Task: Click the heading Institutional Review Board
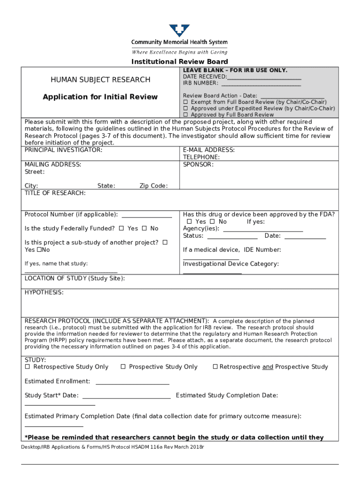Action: pyautogui.click(x=180, y=62)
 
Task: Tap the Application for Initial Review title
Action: pyautogui.click(x=100, y=97)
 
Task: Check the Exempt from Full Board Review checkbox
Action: pyautogui.click(x=186, y=102)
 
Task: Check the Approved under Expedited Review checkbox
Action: pyautogui.click(x=186, y=108)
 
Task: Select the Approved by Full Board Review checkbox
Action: pyautogui.click(x=186, y=115)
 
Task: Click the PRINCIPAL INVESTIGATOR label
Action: pyautogui.click(x=63, y=150)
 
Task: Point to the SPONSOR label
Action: pyautogui.click(x=198, y=165)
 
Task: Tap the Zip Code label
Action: pyautogui.click(x=153, y=186)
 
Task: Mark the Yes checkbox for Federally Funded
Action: pyautogui.click(x=122, y=228)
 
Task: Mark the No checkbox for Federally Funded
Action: pyautogui.click(x=144, y=228)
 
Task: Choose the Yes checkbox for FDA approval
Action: pyautogui.click(x=189, y=221)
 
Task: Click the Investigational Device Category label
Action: pyautogui.click(x=230, y=264)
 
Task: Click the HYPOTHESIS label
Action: pyautogui.click(x=44, y=292)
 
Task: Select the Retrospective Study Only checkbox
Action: pyautogui.click(x=28, y=367)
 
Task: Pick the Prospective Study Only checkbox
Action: pyautogui.click(x=123, y=367)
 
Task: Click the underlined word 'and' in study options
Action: pyautogui.click(x=267, y=367)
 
